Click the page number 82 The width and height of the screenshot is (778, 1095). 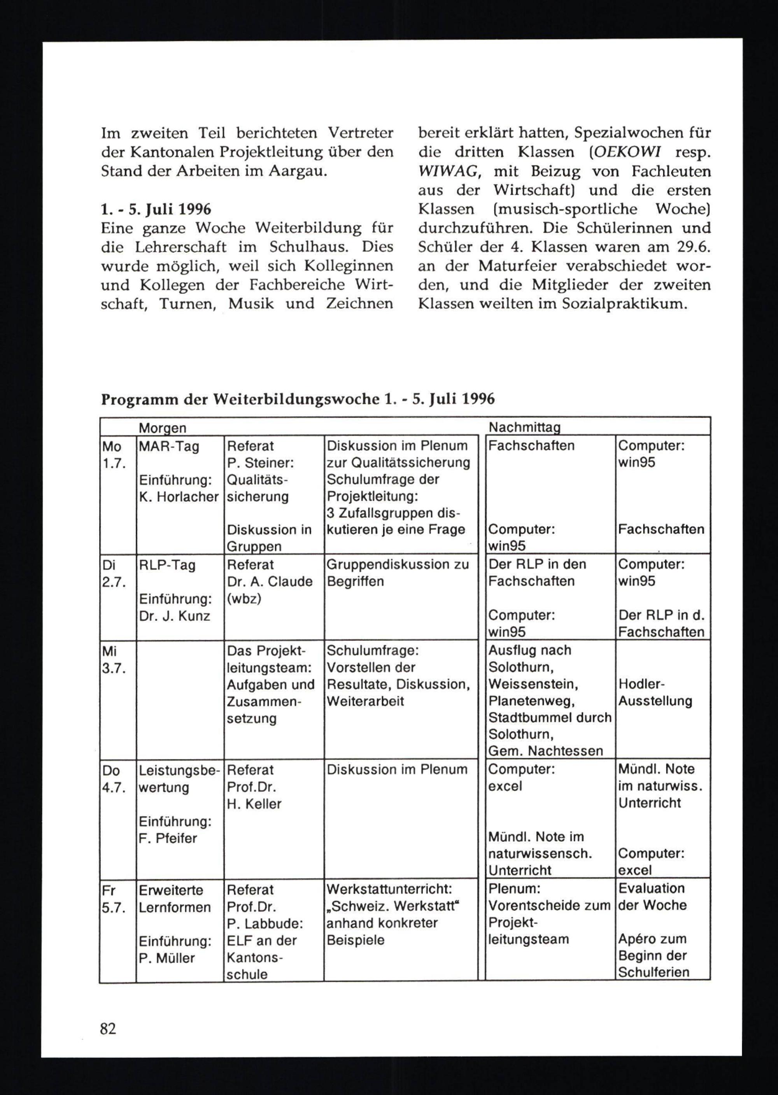tap(108, 1028)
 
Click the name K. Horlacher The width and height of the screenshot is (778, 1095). tap(179, 497)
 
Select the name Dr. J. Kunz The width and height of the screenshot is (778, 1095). tap(174, 616)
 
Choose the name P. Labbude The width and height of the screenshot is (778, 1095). tap(265, 923)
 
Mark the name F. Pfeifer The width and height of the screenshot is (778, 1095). tap(168, 838)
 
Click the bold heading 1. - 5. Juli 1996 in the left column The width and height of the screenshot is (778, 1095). tap(156, 209)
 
